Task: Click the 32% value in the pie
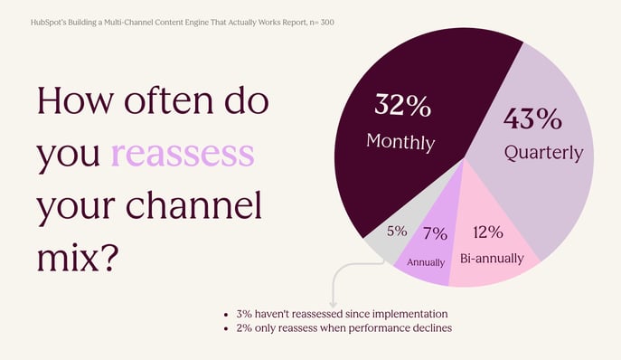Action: (402, 106)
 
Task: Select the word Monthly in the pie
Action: (400, 142)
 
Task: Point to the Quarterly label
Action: (543, 153)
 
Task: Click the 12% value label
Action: (487, 232)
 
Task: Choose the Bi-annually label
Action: (492, 259)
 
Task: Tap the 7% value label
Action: (435, 234)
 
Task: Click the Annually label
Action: (426, 262)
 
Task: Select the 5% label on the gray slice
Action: (396, 231)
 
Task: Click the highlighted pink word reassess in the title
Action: (182, 155)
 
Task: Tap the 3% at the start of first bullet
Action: (244, 313)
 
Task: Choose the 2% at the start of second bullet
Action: (244, 327)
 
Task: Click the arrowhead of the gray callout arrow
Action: (333, 304)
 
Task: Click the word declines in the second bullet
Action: (430, 327)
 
